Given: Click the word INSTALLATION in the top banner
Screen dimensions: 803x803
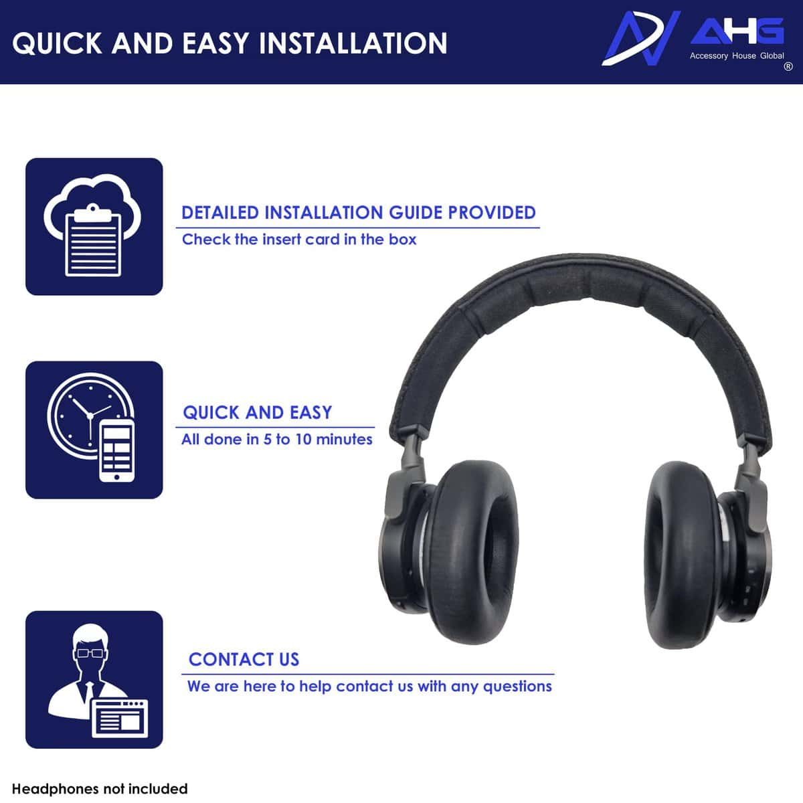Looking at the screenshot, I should click(353, 43).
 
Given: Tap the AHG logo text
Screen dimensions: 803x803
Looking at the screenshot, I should click(737, 31).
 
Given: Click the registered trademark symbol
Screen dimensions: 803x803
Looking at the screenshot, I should click(788, 66).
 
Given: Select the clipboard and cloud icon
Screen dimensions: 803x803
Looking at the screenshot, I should click(94, 226).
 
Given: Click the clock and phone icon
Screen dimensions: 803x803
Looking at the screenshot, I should click(94, 430).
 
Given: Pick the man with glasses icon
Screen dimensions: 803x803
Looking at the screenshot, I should click(94, 679).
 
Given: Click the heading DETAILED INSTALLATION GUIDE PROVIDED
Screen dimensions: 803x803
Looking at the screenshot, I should click(359, 213).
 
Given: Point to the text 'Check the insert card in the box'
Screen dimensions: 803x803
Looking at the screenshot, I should click(299, 240).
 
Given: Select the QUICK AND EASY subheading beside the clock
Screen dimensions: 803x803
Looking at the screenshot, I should click(258, 412).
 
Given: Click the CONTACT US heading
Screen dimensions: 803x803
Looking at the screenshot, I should click(244, 659).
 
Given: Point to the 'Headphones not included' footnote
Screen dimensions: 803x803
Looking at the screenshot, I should click(100, 789).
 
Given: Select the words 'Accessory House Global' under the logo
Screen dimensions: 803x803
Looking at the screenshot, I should click(737, 56).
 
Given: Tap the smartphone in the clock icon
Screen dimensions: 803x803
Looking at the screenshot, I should click(117, 450).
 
